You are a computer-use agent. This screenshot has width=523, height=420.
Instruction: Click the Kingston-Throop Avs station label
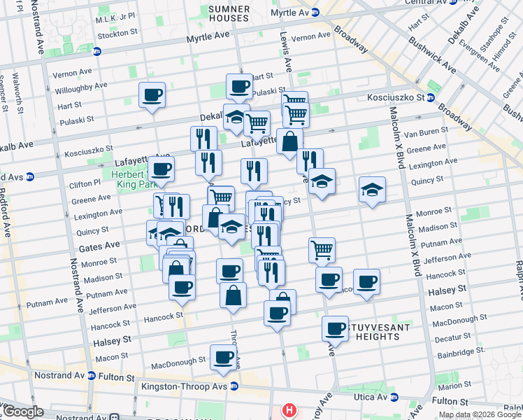(186, 386)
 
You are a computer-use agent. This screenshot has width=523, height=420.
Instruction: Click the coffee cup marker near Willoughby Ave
(152, 94)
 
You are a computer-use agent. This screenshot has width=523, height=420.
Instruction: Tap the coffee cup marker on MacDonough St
(224, 357)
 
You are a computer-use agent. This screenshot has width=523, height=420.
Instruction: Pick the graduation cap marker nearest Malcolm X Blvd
(372, 189)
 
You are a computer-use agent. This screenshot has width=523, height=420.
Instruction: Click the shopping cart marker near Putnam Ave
(322, 248)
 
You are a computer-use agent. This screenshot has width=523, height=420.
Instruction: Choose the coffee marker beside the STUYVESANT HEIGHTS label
(336, 328)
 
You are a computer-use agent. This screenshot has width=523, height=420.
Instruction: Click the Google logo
(23, 412)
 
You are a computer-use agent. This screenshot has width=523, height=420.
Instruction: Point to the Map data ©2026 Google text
(480, 414)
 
